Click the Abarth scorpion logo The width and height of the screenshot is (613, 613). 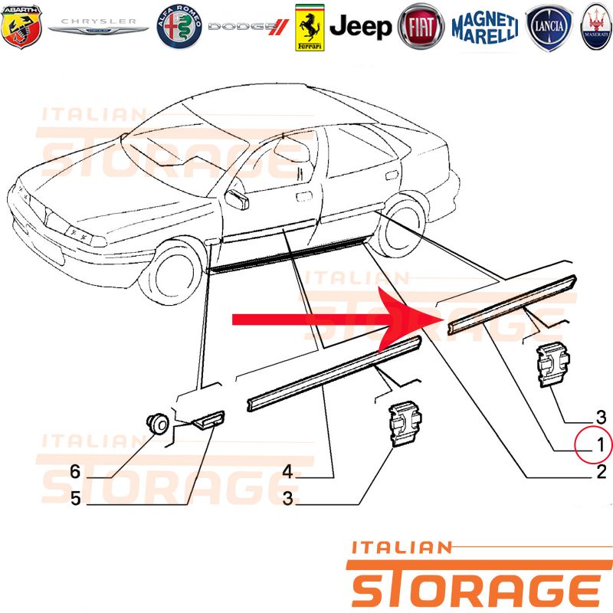coord(21,27)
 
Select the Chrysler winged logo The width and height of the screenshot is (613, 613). coord(98,26)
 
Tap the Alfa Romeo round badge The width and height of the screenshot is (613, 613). coord(179,27)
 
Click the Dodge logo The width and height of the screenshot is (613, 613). coord(248,27)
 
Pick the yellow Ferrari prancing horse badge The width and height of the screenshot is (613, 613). coord(310,28)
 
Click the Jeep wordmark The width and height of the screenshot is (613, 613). coord(360,27)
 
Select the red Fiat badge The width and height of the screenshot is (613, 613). coord(421,27)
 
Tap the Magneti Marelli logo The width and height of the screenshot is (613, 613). coord(485,28)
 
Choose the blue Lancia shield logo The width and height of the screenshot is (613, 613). coord(549,28)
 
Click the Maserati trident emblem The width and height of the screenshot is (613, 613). coord(597,27)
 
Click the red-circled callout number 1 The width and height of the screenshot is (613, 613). coord(601,445)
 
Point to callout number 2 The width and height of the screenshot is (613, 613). coord(602,472)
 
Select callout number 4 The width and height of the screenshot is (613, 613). coord(288,471)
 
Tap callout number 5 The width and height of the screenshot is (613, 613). coord(76,499)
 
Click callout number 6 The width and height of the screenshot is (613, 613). coord(75,471)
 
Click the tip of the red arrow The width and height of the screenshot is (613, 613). coord(441,320)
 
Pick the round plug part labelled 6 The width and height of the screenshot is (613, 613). coord(158,423)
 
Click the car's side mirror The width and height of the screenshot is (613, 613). coord(238,199)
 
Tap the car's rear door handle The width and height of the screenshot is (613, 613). coord(392,175)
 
